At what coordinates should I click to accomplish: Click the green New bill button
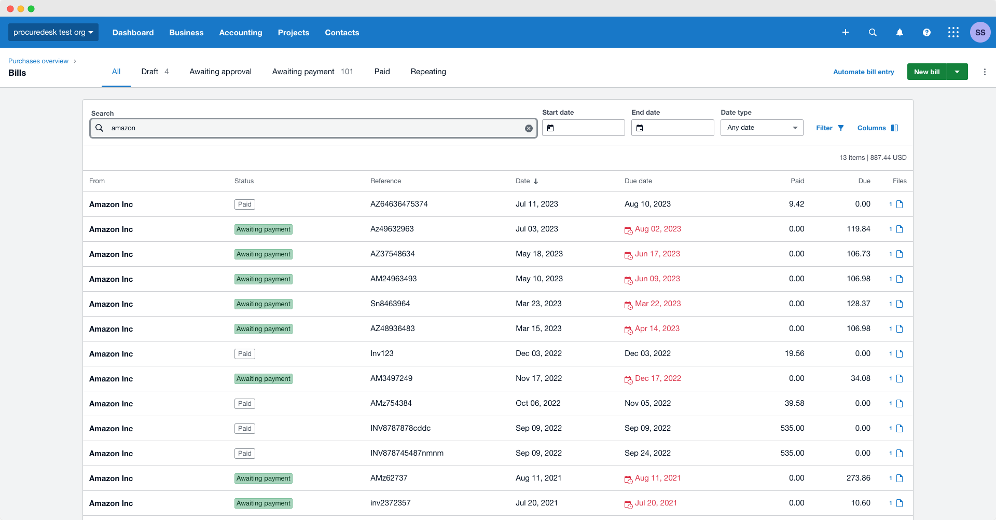[x=926, y=72]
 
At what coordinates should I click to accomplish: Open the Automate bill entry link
[x=863, y=72]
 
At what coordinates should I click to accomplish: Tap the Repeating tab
[x=428, y=72]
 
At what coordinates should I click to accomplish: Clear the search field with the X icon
[x=529, y=128]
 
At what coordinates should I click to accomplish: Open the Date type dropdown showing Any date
[x=762, y=128]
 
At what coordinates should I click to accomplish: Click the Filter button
[x=829, y=128]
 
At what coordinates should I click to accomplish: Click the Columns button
[x=877, y=128]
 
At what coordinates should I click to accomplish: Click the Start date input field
[x=583, y=128]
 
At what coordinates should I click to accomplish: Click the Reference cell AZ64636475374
[x=399, y=204]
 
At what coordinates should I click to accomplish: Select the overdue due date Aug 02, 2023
[x=657, y=229]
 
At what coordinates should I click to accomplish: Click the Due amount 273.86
[x=858, y=478]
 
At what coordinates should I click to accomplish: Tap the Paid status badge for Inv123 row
[x=244, y=354]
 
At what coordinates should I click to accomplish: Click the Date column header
[x=523, y=181]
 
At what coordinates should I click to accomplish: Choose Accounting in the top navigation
[x=240, y=32]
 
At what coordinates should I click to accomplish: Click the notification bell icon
[x=900, y=32]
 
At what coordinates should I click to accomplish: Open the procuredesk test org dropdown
[x=53, y=32]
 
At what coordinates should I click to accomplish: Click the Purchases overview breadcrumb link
[x=38, y=61]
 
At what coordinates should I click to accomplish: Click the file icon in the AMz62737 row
[x=900, y=478]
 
